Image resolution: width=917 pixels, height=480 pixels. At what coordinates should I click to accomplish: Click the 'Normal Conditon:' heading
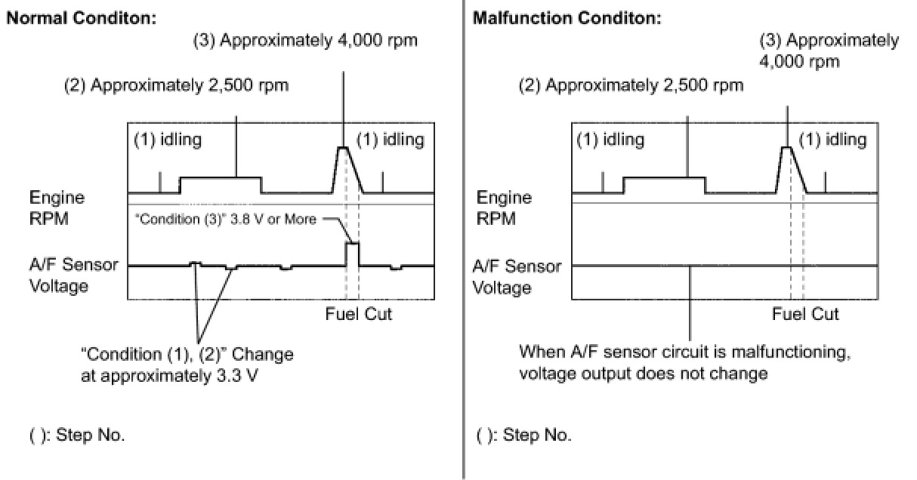(81, 19)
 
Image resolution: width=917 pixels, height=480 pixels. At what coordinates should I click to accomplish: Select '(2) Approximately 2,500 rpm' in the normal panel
(176, 85)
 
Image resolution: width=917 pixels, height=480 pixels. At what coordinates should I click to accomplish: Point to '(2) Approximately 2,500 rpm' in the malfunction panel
(630, 85)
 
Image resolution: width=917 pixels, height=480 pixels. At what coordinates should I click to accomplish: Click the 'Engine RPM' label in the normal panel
(57, 208)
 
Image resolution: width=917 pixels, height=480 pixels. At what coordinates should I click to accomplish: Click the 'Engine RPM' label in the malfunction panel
(504, 208)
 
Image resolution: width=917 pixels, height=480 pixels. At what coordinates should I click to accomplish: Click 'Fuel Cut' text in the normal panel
(359, 314)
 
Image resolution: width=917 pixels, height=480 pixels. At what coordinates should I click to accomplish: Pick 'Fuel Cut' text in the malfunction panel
(805, 314)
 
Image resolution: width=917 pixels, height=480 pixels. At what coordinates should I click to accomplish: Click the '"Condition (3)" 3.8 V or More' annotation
(226, 220)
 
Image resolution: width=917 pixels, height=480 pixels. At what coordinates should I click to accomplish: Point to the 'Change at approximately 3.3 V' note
(187, 363)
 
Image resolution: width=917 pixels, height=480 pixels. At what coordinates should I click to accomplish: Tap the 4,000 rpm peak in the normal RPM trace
(344, 147)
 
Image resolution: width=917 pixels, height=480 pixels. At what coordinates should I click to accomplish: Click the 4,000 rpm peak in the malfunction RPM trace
(787, 147)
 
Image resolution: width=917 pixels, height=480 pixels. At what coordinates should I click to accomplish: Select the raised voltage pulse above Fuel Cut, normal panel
(352, 253)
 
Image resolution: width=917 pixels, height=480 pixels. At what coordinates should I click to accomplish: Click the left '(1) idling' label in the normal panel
(168, 140)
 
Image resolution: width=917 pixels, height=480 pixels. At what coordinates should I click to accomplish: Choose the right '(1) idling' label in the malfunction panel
(832, 140)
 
